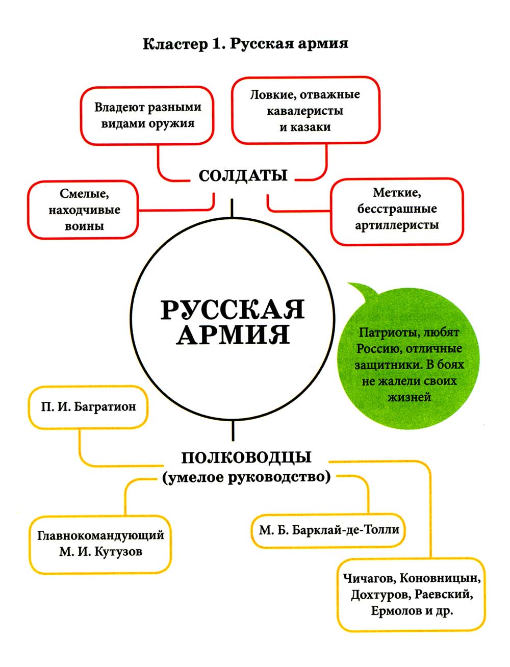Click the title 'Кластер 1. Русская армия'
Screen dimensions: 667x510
245,44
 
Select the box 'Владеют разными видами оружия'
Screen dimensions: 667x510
148,115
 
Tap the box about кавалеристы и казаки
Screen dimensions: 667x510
305,110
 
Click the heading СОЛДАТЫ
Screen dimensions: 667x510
243,176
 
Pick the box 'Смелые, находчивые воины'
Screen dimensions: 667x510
84,210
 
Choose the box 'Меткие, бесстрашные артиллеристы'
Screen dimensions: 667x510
397,209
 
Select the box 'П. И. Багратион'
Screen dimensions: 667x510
89,407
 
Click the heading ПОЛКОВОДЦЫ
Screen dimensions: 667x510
246,456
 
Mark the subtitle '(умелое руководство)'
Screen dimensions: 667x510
246,477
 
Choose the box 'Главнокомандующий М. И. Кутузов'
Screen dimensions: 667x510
100,544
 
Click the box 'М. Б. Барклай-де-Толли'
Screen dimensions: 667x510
329,530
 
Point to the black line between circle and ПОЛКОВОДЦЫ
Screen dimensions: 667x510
233,430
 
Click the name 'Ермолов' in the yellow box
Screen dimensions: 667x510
392,611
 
